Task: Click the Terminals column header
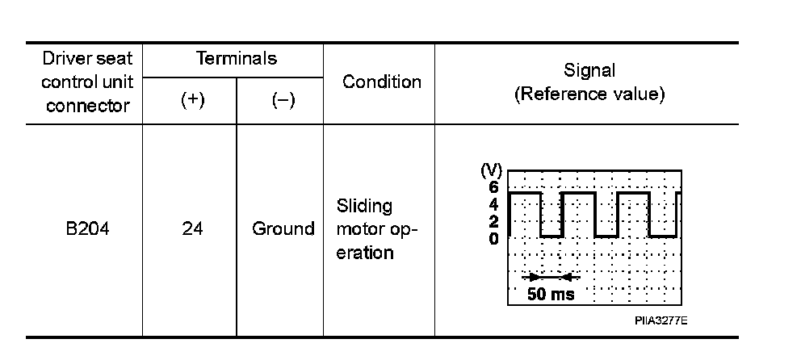click(x=237, y=58)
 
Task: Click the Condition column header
click(x=382, y=82)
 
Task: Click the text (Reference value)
click(x=589, y=94)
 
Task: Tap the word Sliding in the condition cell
click(x=363, y=206)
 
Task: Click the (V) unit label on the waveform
click(x=491, y=170)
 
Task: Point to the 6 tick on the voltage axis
click(x=493, y=186)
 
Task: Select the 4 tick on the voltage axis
click(x=493, y=203)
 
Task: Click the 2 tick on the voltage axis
click(x=493, y=220)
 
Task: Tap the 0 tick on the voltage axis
click(x=493, y=237)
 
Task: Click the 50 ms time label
click(x=551, y=294)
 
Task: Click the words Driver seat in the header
click(x=88, y=59)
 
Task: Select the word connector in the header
click(x=88, y=106)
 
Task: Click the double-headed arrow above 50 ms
click(x=551, y=277)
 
